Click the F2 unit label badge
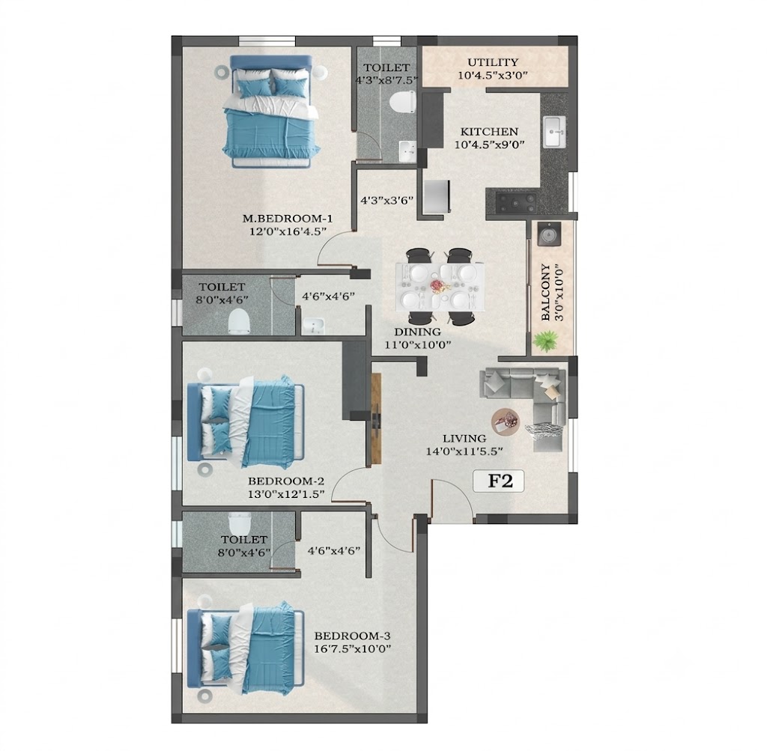click(499, 481)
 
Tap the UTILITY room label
click(493, 63)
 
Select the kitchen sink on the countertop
click(555, 132)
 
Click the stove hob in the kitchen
click(516, 203)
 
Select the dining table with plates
click(440, 286)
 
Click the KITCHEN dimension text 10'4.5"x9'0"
click(489, 145)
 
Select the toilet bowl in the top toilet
click(402, 103)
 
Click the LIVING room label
click(464, 439)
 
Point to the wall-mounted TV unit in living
click(376, 419)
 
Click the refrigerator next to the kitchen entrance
click(437, 197)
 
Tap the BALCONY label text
click(545, 293)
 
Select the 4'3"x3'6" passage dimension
click(387, 200)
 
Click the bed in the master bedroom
click(270, 111)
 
